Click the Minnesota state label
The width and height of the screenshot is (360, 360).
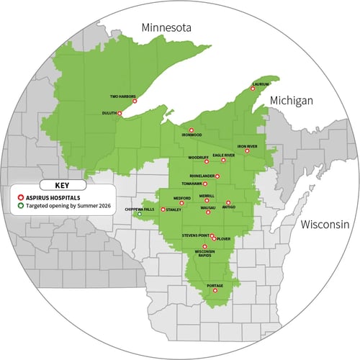(x=166, y=27)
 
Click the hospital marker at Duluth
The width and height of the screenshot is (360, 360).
(x=120, y=113)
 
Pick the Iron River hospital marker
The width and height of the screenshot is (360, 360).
(x=247, y=151)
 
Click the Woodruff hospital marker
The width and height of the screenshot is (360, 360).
(x=207, y=161)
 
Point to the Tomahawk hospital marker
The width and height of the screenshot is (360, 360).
(x=205, y=184)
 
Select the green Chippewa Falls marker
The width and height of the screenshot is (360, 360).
(x=140, y=214)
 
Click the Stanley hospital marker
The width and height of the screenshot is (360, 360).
(x=163, y=210)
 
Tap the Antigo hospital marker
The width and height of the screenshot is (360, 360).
(x=228, y=202)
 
